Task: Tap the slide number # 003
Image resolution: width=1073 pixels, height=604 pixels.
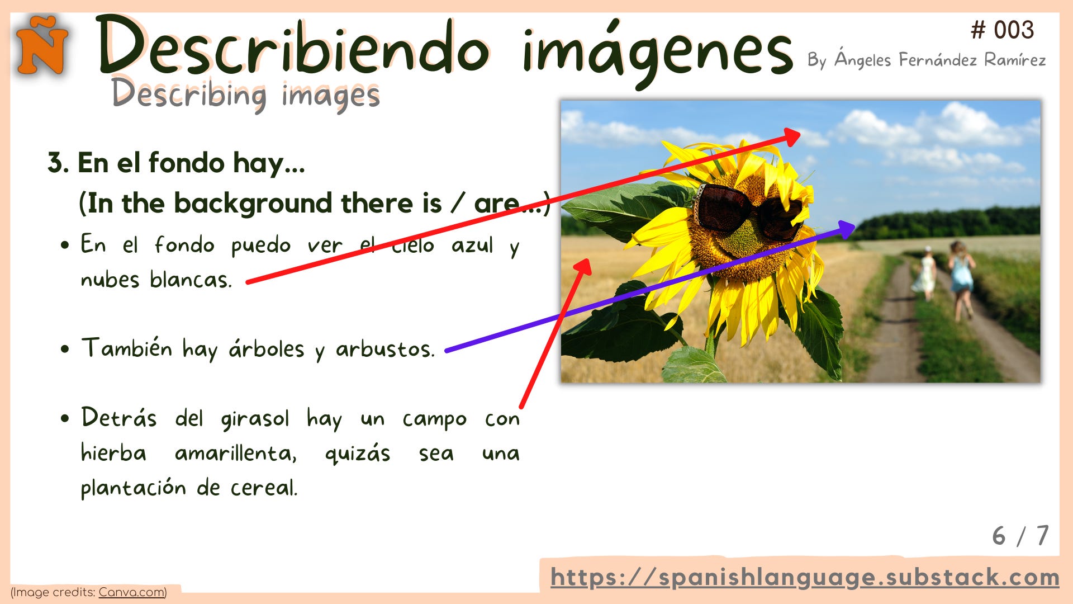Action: (x=1002, y=30)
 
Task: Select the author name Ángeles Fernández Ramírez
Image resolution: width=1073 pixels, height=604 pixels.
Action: (x=939, y=60)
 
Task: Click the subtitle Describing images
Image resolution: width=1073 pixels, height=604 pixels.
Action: (x=245, y=94)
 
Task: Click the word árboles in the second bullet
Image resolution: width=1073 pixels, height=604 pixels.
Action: (x=266, y=350)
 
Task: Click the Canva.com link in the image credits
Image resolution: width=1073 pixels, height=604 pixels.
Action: (x=131, y=592)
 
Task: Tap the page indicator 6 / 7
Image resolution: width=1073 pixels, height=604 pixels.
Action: (x=1020, y=536)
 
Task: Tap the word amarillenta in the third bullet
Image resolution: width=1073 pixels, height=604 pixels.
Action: (x=235, y=454)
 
